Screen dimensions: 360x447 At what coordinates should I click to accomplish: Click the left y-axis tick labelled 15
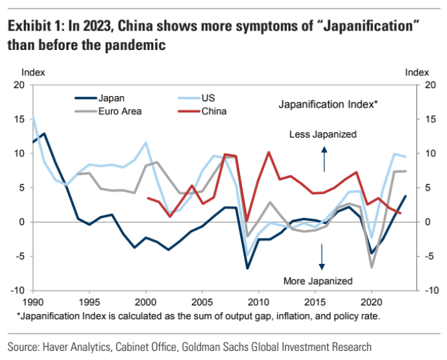18,119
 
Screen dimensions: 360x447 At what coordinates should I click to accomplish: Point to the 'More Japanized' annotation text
318,281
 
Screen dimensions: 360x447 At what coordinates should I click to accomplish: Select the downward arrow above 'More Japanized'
321,258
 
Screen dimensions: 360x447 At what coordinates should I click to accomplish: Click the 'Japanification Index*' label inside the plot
328,104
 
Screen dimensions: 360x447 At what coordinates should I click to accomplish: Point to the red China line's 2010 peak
269,152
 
